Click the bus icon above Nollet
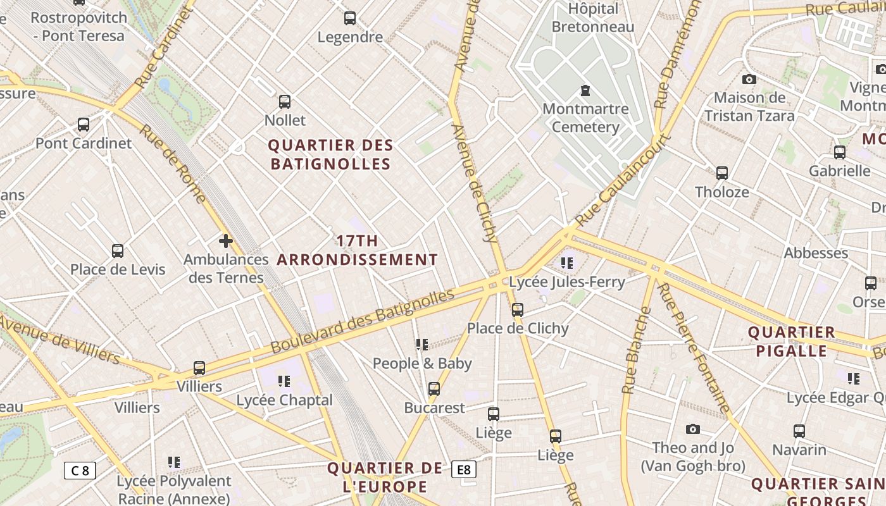[285, 101]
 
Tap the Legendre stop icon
[350, 18]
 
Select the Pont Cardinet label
[84, 143]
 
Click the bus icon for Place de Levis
[118, 250]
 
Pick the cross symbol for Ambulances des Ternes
[226, 241]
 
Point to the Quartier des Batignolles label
[330, 154]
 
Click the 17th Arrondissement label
[357, 250]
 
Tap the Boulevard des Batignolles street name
[363, 322]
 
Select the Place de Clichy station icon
[518, 309]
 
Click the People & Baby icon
[422, 345]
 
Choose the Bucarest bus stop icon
[434, 389]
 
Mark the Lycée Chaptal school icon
[284, 381]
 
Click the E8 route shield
[464, 469]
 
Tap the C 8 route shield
[80, 470]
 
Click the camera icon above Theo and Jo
[693, 429]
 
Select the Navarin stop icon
[799, 431]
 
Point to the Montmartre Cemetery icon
[585, 90]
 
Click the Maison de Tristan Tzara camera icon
[749, 79]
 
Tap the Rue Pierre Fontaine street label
[694, 347]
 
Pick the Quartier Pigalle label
[792, 342]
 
